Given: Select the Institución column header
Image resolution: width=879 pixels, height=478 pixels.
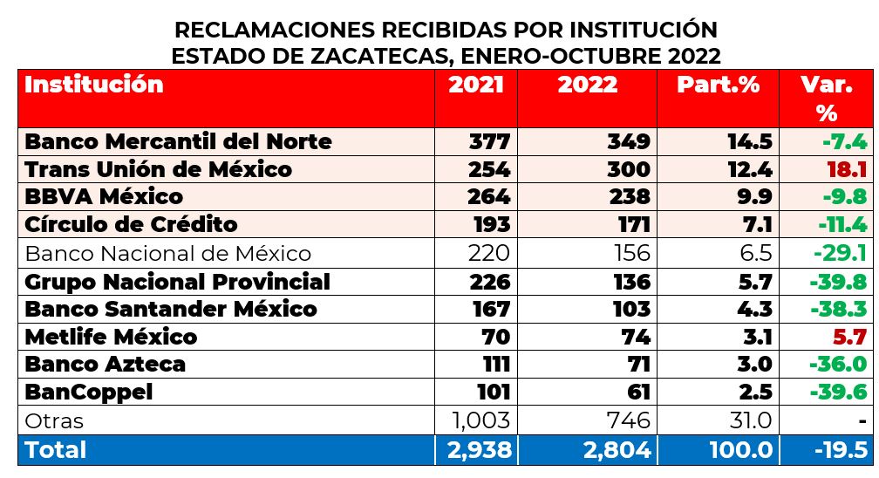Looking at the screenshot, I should (93, 85).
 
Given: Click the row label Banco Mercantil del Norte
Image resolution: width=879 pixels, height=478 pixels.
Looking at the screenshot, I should (178, 141).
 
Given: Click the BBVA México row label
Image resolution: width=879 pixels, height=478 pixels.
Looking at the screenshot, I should (104, 196).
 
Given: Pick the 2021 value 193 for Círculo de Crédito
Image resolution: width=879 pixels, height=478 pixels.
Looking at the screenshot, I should (489, 224).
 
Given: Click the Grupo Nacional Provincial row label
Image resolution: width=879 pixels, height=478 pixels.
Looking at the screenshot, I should (177, 282).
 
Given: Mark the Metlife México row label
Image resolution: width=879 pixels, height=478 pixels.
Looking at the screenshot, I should (111, 337).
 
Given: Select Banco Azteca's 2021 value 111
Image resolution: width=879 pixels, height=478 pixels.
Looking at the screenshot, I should (493, 364).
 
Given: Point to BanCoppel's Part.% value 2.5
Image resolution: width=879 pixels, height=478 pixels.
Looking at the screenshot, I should (753, 392).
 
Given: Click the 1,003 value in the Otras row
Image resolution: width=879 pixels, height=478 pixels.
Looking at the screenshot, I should (480, 420).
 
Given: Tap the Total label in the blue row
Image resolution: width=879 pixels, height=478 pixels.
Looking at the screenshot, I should (56, 449).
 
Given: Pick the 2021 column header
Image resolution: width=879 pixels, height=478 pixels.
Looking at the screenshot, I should (475, 85).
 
